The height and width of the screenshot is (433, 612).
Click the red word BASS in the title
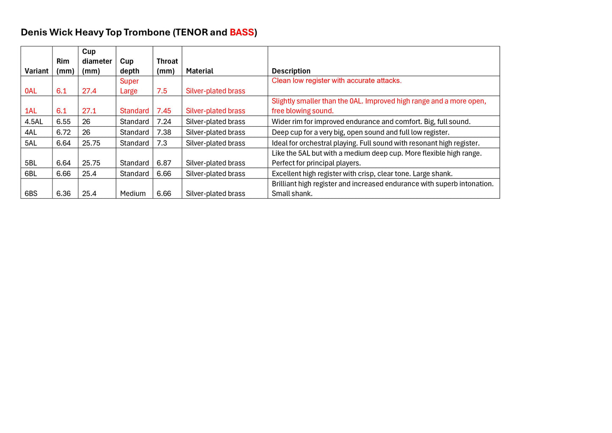[241, 33]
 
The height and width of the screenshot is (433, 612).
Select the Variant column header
[36, 71]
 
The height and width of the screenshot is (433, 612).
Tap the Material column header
[199, 71]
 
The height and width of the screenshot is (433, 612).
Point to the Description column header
[291, 71]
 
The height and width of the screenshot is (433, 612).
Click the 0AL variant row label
[31, 91]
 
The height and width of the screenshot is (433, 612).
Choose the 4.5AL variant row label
[34, 122]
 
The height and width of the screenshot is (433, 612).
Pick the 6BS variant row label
[31, 194]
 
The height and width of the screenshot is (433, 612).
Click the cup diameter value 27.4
[89, 91]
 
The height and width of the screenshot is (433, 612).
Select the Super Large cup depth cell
[129, 86]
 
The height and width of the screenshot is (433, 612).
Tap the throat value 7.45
[164, 111]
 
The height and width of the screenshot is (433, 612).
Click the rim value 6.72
[64, 133]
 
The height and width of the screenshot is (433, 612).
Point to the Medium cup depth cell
[133, 194]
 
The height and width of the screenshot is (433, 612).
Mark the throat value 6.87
[164, 163]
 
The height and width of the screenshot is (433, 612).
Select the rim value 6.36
[64, 194]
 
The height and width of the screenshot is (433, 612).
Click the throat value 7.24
[164, 122]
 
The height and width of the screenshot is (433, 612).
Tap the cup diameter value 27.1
[89, 111]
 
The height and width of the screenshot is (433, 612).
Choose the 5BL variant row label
[31, 163]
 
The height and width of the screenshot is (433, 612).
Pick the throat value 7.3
[162, 143]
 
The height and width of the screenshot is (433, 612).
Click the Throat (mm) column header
[167, 66]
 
